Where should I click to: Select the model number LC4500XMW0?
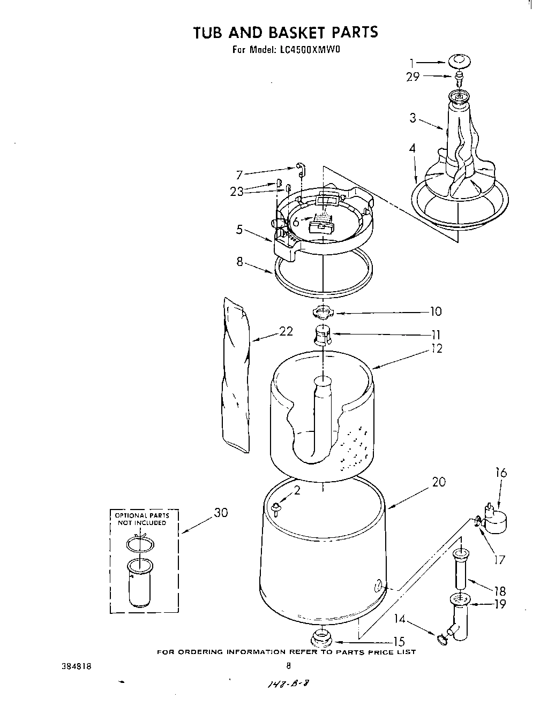310,50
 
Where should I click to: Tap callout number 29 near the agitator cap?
412,77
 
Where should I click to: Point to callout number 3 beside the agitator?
413,118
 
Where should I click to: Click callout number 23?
237,191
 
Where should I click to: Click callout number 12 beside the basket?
437,348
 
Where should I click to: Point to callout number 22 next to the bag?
286,332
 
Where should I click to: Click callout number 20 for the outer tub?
439,482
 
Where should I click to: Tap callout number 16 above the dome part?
500,473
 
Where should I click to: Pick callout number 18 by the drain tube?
499,591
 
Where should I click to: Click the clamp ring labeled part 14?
442,637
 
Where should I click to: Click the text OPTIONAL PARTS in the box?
142,516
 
